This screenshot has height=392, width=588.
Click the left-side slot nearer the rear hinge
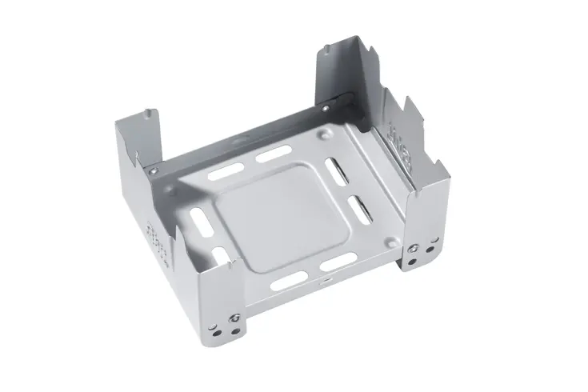[194, 217]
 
